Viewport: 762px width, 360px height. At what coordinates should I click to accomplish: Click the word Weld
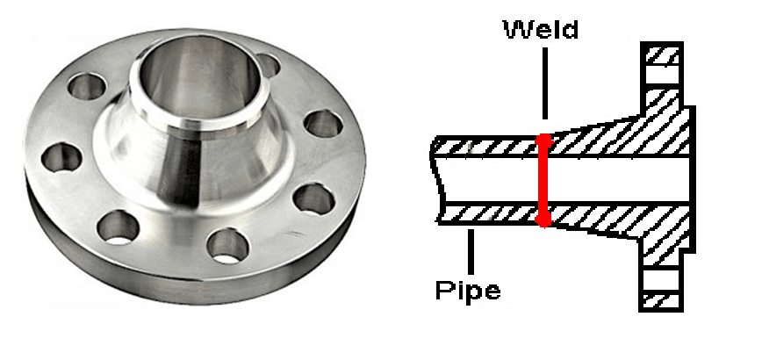(542, 29)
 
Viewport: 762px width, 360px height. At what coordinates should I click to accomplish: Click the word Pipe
(468, 291)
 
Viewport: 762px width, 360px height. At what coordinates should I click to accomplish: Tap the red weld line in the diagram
(543, 180)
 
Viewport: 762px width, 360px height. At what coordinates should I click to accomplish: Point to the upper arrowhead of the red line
(543, 138)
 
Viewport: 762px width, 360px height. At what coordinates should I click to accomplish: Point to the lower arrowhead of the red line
(543, 221)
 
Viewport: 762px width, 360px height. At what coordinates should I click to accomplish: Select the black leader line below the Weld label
(544, 83)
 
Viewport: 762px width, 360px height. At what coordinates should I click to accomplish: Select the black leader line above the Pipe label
(471, 252)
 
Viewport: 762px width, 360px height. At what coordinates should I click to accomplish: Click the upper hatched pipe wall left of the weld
(486, 147)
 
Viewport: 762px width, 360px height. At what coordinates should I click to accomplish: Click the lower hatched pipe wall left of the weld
(488, 213)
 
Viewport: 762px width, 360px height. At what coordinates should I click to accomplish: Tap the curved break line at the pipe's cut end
(435, 180)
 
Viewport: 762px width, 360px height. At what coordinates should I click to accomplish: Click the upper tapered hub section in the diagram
(613, 138)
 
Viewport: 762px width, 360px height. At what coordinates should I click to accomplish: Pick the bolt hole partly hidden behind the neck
(269, 65)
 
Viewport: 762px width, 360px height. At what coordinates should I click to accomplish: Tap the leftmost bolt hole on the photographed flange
(61, 157)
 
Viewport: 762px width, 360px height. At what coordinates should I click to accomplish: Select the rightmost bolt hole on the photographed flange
(324, 124)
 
